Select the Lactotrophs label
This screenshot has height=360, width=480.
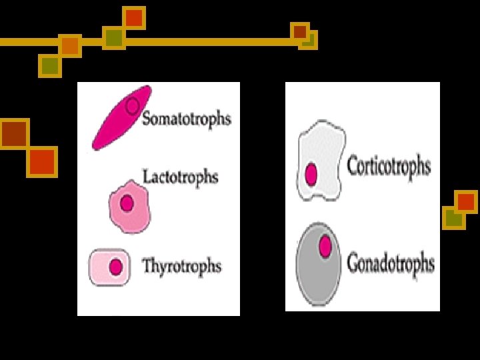[x=181, y=177]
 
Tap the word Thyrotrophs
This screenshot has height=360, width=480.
[x=182, y=266]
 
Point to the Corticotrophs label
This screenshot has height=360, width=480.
[x=389, y=165]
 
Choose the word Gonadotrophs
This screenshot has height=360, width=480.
[x=391, y=263]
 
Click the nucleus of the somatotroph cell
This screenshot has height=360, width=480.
[x=133, y=105]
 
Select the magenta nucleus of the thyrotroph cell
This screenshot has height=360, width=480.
[x=116, y=267]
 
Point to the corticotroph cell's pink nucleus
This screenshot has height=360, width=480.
[x=311, y=175]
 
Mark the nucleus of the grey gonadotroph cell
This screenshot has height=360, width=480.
[x=325, y=246]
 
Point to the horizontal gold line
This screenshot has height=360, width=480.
[x=200, y=41]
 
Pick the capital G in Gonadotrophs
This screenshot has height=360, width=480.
[x=353, y=263]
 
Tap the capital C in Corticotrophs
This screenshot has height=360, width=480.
[x=353, y=165]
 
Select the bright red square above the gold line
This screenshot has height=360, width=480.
[x=134, y=17]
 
